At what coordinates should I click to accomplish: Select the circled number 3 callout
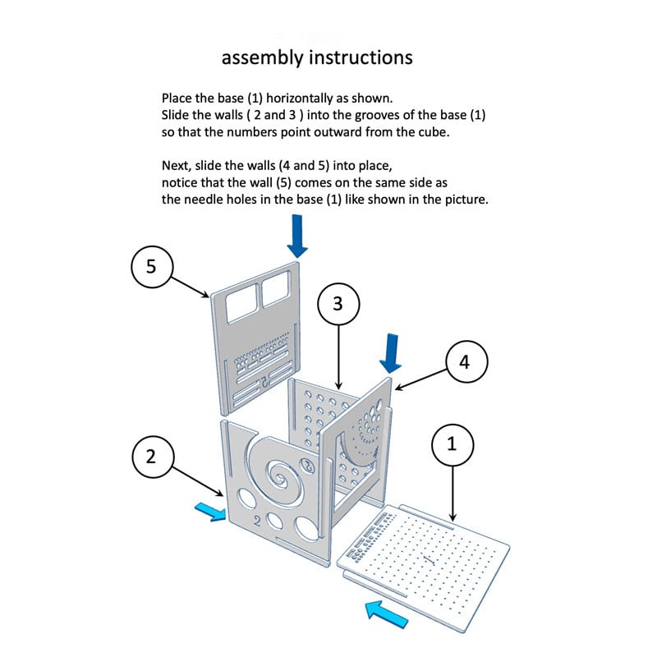(338, 303)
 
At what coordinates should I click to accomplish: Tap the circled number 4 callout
(465, 362)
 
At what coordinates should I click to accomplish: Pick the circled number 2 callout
(150, 457)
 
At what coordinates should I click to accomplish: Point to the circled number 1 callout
(450, 445)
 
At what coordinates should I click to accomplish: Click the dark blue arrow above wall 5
(297, 237)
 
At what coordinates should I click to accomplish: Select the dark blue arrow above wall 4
(391, 353)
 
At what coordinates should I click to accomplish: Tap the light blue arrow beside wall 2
(209, 511)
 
